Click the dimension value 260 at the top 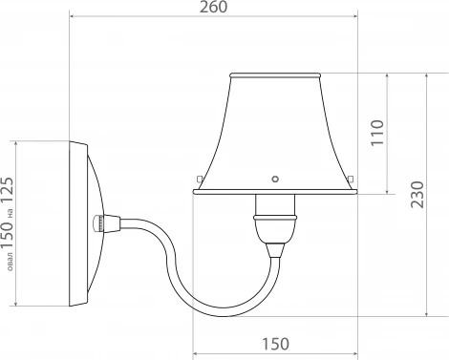213,7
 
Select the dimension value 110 377,133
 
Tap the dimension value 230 417,195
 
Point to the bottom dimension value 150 275,344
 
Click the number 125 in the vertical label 7,191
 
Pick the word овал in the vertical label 11,262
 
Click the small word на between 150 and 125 10,214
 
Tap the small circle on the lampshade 275,179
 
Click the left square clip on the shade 200,179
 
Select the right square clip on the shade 351,178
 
